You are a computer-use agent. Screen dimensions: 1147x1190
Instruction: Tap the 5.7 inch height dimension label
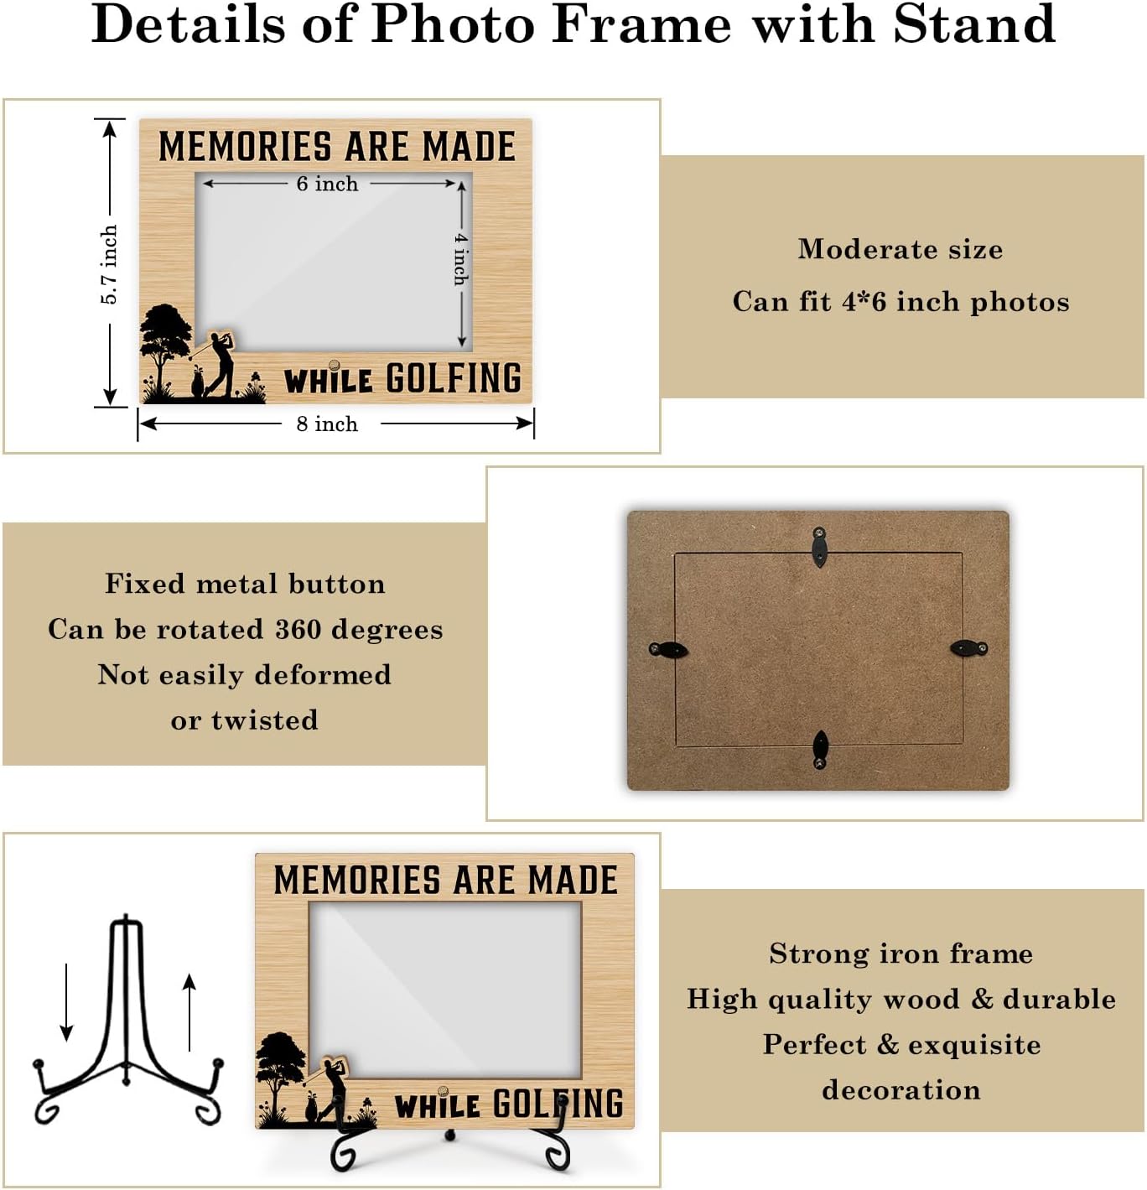coord(109,264)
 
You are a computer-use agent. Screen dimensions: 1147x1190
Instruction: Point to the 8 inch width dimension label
coord(327,424)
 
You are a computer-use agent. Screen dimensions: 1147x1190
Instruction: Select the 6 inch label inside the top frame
coord(327,184)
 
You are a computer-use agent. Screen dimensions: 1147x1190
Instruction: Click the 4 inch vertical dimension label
coord(461,258)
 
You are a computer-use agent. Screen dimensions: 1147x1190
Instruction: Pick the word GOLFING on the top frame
coord(454,378)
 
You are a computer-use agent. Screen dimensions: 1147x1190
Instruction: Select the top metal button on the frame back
coord(819,545)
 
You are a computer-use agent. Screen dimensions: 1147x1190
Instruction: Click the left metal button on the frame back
coord(668,649)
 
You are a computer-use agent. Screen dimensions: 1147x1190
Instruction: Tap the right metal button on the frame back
coord(969,647)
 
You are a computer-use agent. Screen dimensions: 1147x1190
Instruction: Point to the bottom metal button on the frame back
coord(820,749)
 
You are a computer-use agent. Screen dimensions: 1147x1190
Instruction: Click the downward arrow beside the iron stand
coord(66,1002)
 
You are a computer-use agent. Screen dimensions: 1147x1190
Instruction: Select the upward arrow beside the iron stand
coord(189,1012)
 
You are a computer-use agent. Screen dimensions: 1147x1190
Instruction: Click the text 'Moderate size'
coord(900,249)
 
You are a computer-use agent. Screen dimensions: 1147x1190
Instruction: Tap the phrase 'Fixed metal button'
coord(245,584)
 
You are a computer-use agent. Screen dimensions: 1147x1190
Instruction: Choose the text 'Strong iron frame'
coord(901,954)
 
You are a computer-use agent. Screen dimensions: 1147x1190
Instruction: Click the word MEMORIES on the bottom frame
coord(357,881)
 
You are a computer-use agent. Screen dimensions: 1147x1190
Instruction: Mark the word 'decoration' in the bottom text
coord(901,1090)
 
